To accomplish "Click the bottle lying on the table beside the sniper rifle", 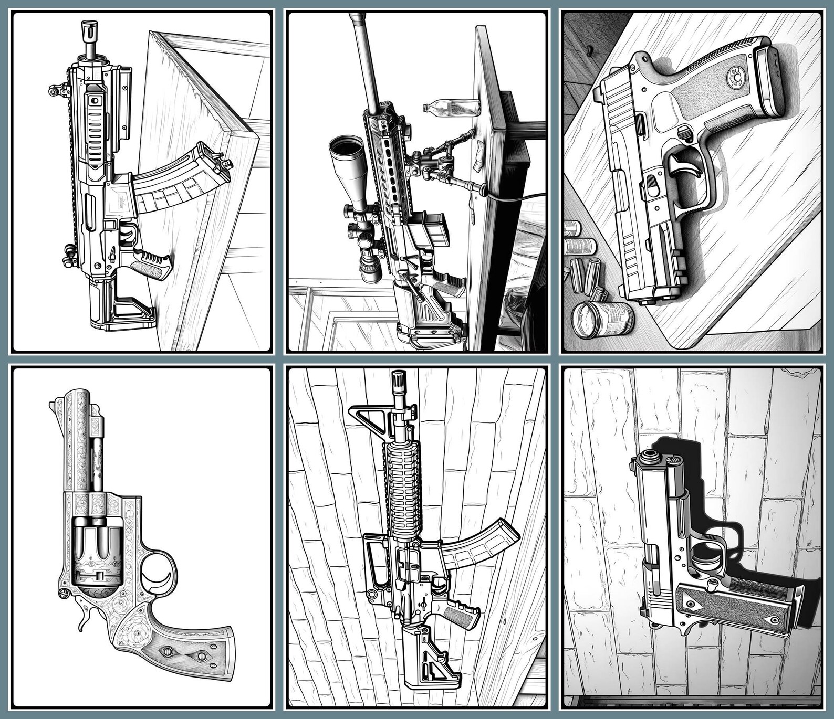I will coord(451,108).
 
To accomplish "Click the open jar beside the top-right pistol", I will coord(601,320).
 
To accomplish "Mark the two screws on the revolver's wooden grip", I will coord(184,654).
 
